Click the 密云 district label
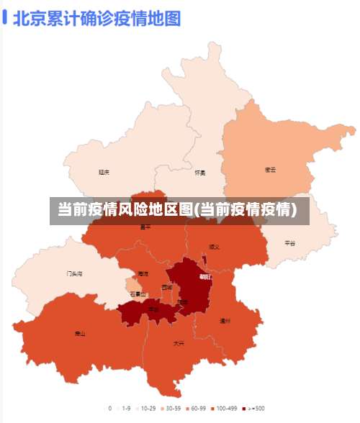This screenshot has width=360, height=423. [271, 170]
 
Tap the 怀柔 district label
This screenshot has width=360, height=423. [200, 173]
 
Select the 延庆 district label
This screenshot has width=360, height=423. [104, 172]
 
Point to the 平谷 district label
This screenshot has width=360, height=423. [289, 243]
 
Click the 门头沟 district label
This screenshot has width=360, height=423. [74, 274]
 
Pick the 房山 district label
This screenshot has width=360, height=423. [79, 334]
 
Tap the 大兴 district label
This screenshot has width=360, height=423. [179, 343]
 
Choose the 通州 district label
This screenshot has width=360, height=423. [225, 321]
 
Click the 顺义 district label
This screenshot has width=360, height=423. [214, 247]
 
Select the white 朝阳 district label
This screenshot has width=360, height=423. [205, 276]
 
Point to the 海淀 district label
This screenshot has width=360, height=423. [143, 274]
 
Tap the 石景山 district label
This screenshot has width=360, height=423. [138, 294]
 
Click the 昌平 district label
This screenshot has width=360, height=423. [146, 227]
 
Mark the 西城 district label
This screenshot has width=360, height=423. [167, 287]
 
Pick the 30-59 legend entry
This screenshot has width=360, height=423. [170, 408]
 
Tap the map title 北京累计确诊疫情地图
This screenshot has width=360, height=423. [96, 17]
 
